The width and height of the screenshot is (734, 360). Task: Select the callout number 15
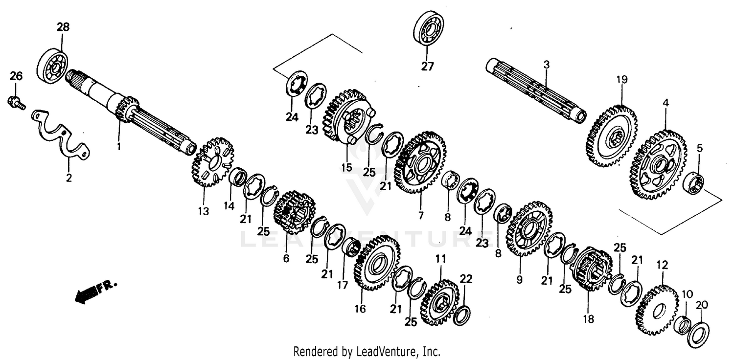pos(346,167)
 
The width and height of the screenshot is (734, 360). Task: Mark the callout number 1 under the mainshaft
pos(118,146)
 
